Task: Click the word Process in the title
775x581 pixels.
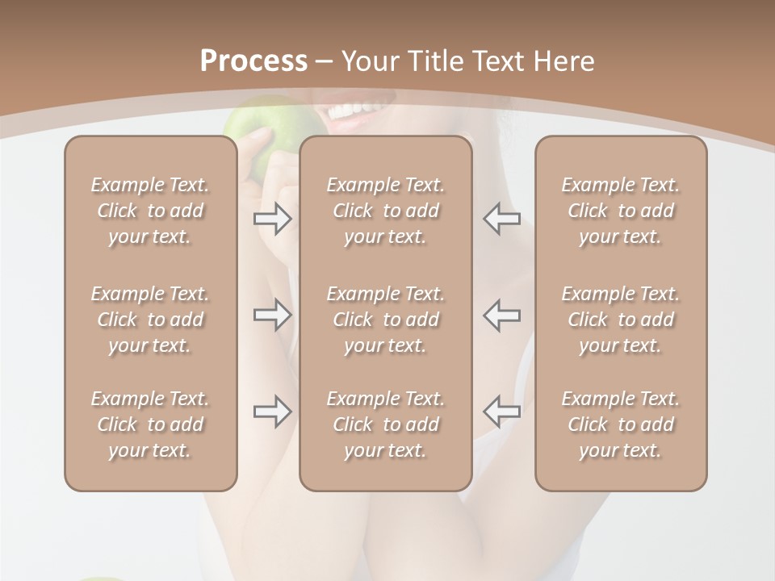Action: pyautogui.click(x=253, y=61)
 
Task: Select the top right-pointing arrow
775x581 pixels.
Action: pyautogui.click(x=273, y=219)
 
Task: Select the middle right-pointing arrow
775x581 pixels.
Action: pyautogui.click(x=273, y=316)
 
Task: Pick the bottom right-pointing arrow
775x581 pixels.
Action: pyautogui.click(x=273, y=412)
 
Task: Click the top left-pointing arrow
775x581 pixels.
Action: pyautogui.click(x=502, y=219)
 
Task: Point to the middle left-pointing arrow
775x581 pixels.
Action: pyautogui.click(x=502, y=316)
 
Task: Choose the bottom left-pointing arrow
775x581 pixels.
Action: pyautogui.click(x=502, y=412)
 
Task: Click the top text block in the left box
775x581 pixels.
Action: pyautogui.click(x=150, y=211)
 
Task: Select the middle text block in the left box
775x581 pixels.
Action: pyautogui.click(x=150, y=320)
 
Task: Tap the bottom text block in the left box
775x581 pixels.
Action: pyautogui.click(x=150, y=424)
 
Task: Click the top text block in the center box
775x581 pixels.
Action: pyautogui.click(x=386, y=211)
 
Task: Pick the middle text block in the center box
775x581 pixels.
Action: pyautogui.click(x=386, y=320)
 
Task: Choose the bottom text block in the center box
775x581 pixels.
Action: pyautogui.click(x=386, y=424)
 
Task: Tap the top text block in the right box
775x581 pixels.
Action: pyautogui.click(x=621, y=211)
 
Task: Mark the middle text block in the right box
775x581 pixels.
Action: pyautogui.click(x=621, y=320)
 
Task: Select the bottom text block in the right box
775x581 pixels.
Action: pyautogui.click(x=621, y=424)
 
